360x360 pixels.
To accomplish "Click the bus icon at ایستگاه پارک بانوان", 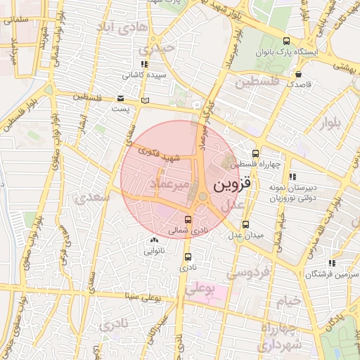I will click(285, 41).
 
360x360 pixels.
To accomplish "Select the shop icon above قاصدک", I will click(299, 72).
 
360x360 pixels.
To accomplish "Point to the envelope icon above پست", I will click(121, 98).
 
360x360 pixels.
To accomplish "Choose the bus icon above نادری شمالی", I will click(187, 219).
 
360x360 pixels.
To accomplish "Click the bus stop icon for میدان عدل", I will click(243, 224).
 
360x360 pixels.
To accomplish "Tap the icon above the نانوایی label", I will click(154, 240).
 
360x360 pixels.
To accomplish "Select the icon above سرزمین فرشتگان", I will click(331, 264).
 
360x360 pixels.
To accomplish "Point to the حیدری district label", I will click(155, 50).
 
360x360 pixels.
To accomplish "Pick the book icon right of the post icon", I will click(145, 101).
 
